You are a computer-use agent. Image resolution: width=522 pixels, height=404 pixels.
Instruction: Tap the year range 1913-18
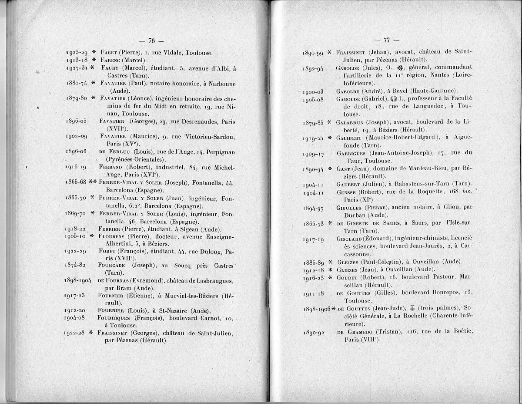(x=77, y=60)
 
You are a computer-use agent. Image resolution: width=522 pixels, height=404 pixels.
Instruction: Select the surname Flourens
(x=112, y=236)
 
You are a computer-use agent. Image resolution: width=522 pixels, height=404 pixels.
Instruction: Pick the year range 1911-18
(x=313, y=293)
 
